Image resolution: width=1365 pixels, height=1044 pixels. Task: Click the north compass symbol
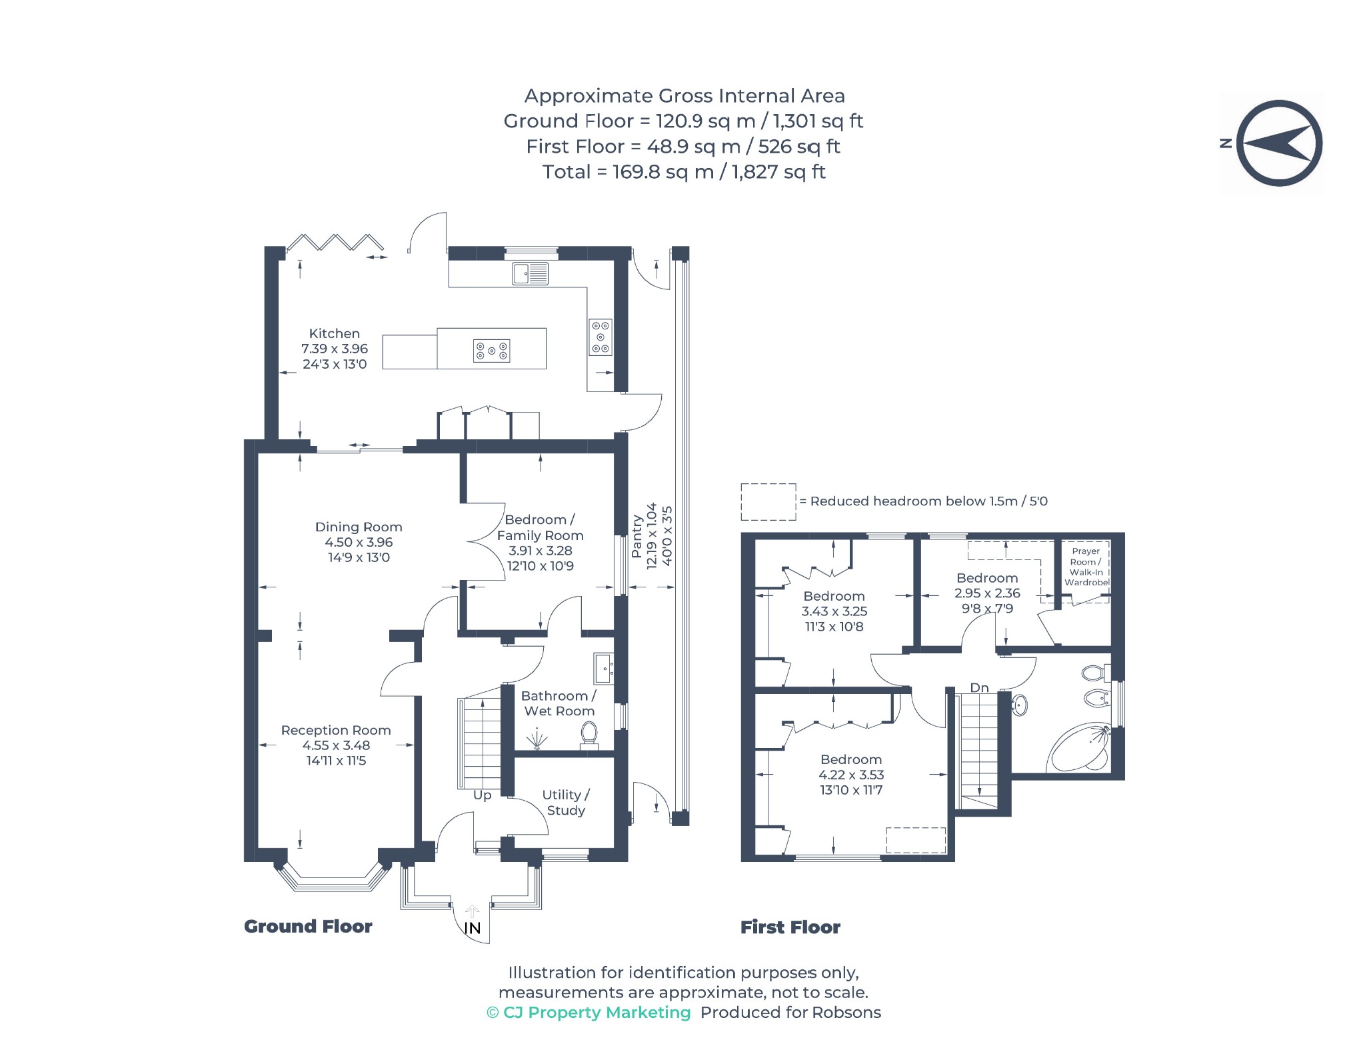pyautogui.click(x=1278, y=143)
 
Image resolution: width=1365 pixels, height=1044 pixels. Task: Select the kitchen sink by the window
pyautogui.click(x=530, y=273)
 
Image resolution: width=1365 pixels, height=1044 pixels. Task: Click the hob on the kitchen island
pyautogui.click(x=491, y=351)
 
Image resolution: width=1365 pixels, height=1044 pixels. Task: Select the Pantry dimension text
pyautogui.click(x=652, y=535)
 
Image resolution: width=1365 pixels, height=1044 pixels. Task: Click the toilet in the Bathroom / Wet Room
pyautogui.click(x=589, y=736)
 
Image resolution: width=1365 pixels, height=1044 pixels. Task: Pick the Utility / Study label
pyautogui.click(x=566, y=802)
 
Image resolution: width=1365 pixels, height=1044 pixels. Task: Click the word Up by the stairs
pyautogui.click(x=482, y=795)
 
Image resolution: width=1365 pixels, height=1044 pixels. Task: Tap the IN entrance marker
pyautogui.click(x=472, y=928)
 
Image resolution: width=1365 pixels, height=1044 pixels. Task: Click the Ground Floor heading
pyautogui.click(x=308, y=927)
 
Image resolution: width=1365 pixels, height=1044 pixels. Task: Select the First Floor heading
pyautogui.click(x=790, y=927)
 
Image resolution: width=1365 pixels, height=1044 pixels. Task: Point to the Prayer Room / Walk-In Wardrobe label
pyautogui.click(x=1086, y=567)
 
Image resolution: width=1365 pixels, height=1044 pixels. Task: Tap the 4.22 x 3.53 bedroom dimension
pyautogui.click(x=851, y=775)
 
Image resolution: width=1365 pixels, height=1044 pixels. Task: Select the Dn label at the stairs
pyautogui.click(x=979, y=687)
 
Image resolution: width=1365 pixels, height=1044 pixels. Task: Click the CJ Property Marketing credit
pyautogui.click(x=589, y=1013)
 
